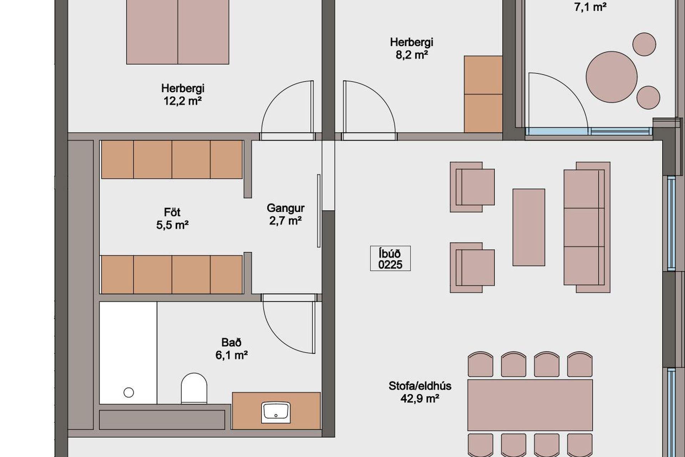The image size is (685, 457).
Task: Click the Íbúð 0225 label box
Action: click(390, 258)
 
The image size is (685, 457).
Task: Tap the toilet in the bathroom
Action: click(194, 388)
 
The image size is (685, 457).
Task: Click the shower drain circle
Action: click(128, 393)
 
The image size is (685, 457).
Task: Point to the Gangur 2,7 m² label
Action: click(285, 214)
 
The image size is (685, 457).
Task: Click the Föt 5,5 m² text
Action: click(172, 219)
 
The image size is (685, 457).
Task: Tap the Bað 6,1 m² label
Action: click(232, 348)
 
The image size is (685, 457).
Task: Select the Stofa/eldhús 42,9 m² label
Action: click(420, 392)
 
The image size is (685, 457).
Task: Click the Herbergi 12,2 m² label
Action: click(183, 95)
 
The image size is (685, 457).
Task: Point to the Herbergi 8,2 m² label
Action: click(412, 49)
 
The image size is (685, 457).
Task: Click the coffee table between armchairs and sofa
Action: click(529, 227)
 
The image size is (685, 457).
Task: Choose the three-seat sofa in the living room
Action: click(587, 227)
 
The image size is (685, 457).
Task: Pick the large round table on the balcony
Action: click(612, 77)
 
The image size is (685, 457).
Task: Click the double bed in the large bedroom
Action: click(178, 32)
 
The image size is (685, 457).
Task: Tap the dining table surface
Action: click(530, 405)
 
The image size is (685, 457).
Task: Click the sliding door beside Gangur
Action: click(319, 211)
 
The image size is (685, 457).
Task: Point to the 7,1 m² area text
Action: click(590, 7)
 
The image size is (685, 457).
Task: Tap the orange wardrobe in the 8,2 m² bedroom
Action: click(483, 94)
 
